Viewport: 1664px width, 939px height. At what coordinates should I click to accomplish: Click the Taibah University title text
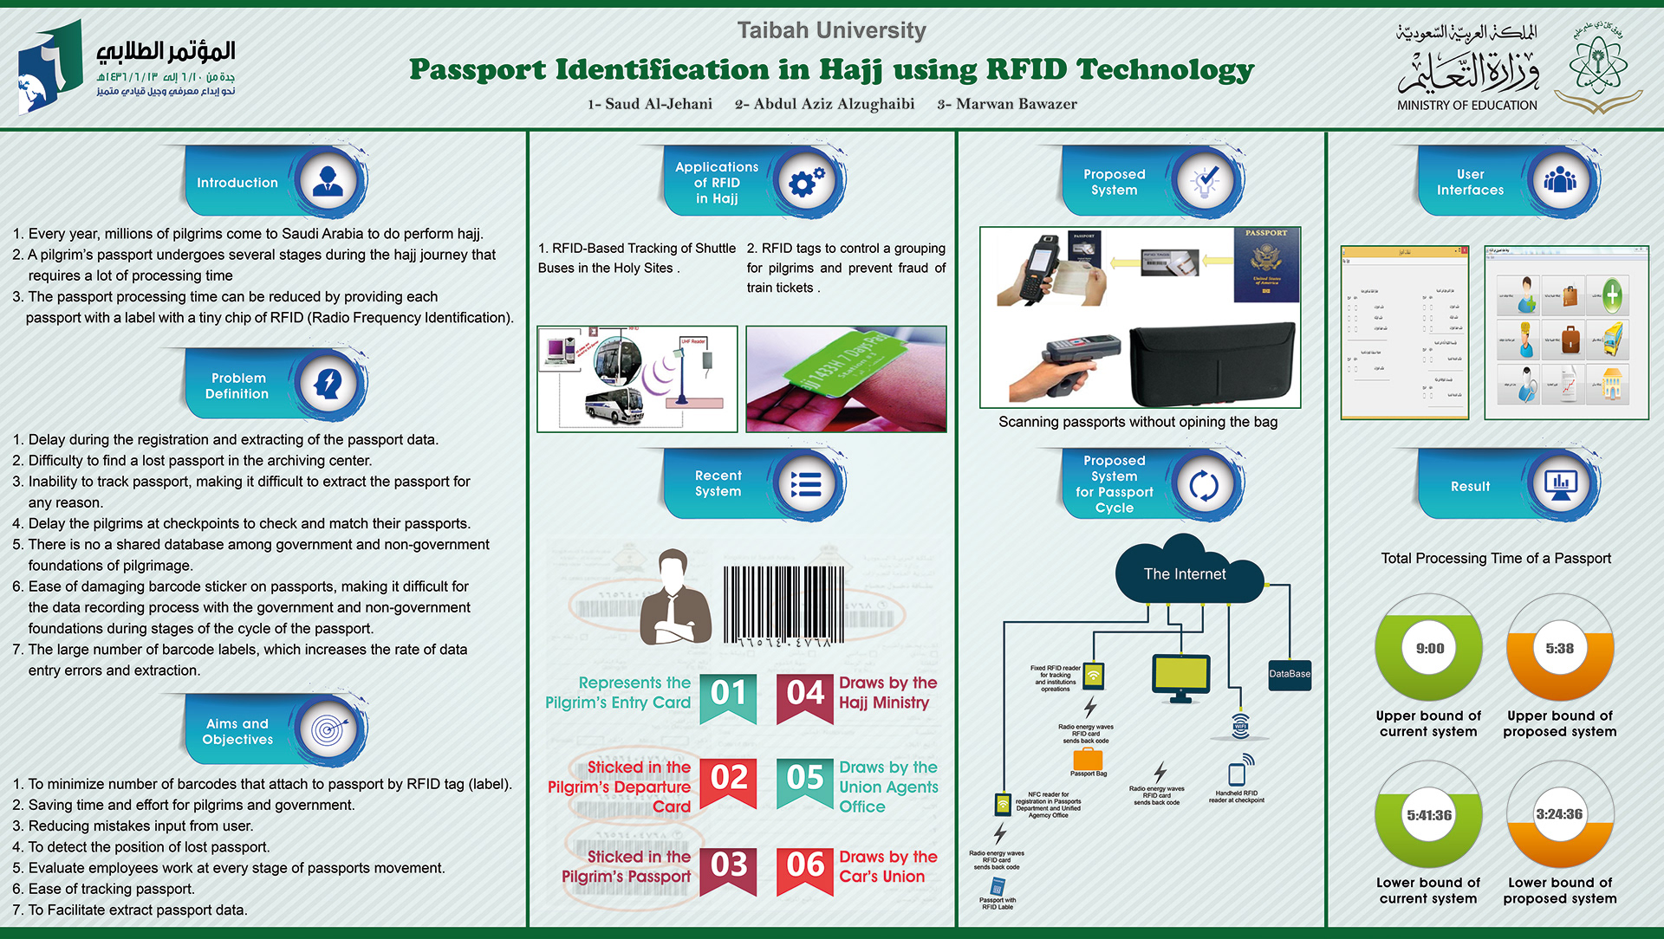click(x=831, y=30)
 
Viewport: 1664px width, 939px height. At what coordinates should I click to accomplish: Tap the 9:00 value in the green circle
click(x=1429, y=648)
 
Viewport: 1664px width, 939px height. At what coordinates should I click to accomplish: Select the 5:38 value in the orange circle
click(x=1559, y=648)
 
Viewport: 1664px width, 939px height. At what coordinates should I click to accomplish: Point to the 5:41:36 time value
click(x=1429, y=815)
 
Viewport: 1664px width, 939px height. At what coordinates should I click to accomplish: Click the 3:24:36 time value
click(x=1559, y=814)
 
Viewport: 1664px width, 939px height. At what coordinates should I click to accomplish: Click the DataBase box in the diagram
click(x=1290, y=674)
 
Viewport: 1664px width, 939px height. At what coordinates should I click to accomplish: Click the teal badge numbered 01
click(x=729, y=696)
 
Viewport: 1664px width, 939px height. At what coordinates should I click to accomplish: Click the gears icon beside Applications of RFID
click(x=806, y=182)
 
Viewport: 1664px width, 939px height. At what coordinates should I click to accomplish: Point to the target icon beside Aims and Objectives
click(x=328, y=730)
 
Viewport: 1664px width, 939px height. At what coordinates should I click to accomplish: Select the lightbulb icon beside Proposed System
click(x=1205, y=182)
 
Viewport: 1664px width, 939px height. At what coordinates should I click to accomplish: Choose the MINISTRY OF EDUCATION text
click(x=1466, y=106)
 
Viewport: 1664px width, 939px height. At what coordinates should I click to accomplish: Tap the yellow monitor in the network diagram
click(x=1180, y=675)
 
